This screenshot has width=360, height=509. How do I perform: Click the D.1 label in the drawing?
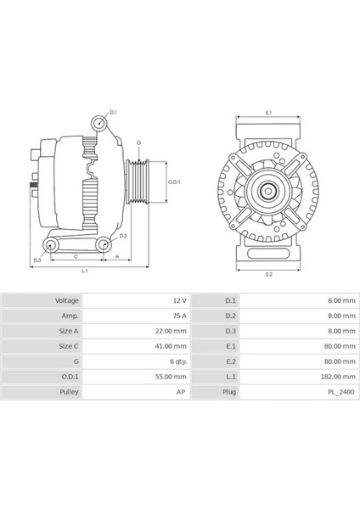[x=114, y=112]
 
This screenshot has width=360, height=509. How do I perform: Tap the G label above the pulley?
[x=138, y=143]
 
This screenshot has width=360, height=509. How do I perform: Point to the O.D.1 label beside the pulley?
[x=173, y=182]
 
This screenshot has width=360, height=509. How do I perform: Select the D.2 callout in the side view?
[x=123, y=236]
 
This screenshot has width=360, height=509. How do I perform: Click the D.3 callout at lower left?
[x=37, y=260]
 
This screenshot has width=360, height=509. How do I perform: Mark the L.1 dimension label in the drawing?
[x=85, y=271]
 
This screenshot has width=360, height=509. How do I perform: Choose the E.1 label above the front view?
[x=268, y=112]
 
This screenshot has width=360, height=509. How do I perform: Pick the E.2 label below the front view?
[x=268, y=274]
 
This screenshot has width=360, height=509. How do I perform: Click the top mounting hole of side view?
[x=100, y=125]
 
